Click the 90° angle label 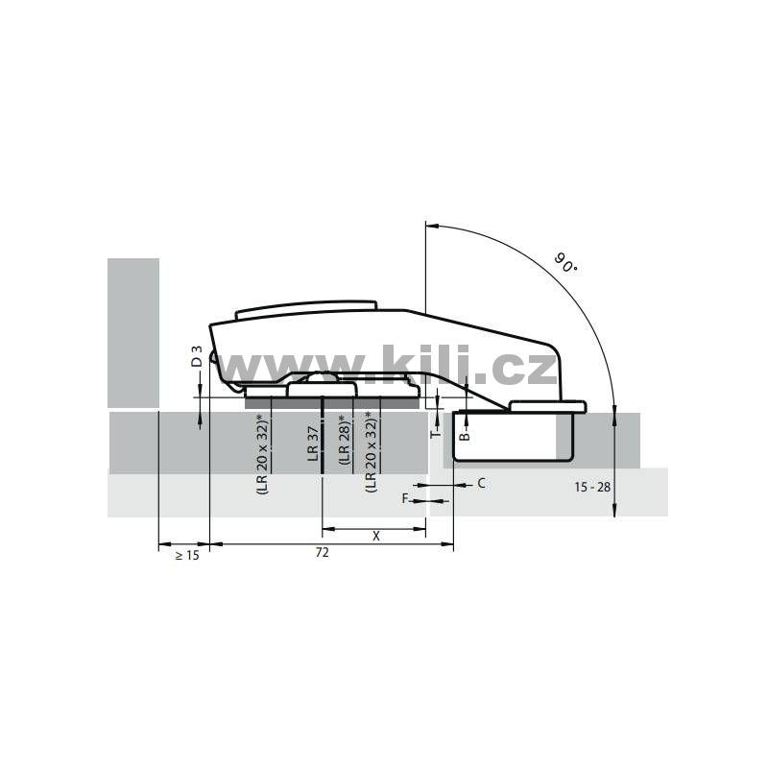point(565,262)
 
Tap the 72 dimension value point(322,553)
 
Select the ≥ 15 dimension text point(187,556)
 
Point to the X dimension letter point(375,537)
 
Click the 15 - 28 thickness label point(592,487)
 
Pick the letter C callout point(481,484)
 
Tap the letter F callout point(405,498)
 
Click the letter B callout point(466,435)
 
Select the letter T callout point(435,433)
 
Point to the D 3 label point(197,356)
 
